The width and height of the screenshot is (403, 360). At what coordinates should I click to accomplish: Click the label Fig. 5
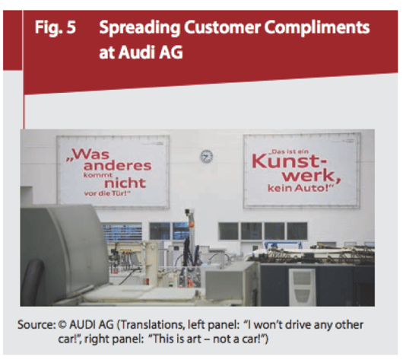pyautogui.click(x=56, y=27)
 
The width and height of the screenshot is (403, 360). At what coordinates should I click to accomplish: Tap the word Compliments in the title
pyautogui.click(x=317, y=28)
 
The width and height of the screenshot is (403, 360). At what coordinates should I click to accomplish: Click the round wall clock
pyautogui.click(x=206, y=156)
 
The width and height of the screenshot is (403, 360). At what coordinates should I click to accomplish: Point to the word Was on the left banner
pyautogui.click(x=88, y=155)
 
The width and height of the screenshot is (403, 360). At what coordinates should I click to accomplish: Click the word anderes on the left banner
pyautogui.click(x=117, y=166)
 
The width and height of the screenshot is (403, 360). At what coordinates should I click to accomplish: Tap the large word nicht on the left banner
pyautogui.click(x=125, y=183)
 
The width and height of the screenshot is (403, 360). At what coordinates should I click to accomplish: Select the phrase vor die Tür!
pyautogui.click(x=106, y=193)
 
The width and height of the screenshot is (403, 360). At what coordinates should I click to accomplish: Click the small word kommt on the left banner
pyautogui.click(x=98, y=175)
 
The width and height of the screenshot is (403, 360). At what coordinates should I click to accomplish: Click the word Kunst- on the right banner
pyautogui.click(x=289, y=161)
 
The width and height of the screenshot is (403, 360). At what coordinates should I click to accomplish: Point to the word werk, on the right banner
pyautogui.click(x=312, y=176)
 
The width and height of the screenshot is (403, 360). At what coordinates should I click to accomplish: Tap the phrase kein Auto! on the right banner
pyautogui.click(x=300, y=188)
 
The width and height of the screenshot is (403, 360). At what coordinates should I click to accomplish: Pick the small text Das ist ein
pyautogui.click(x=289, y=151)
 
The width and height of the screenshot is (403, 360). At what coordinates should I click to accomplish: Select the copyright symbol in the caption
pyautogui.click(x=62, y=325)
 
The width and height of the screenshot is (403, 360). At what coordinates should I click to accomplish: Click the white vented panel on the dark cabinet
pyautogui.click(x=303, y=286)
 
